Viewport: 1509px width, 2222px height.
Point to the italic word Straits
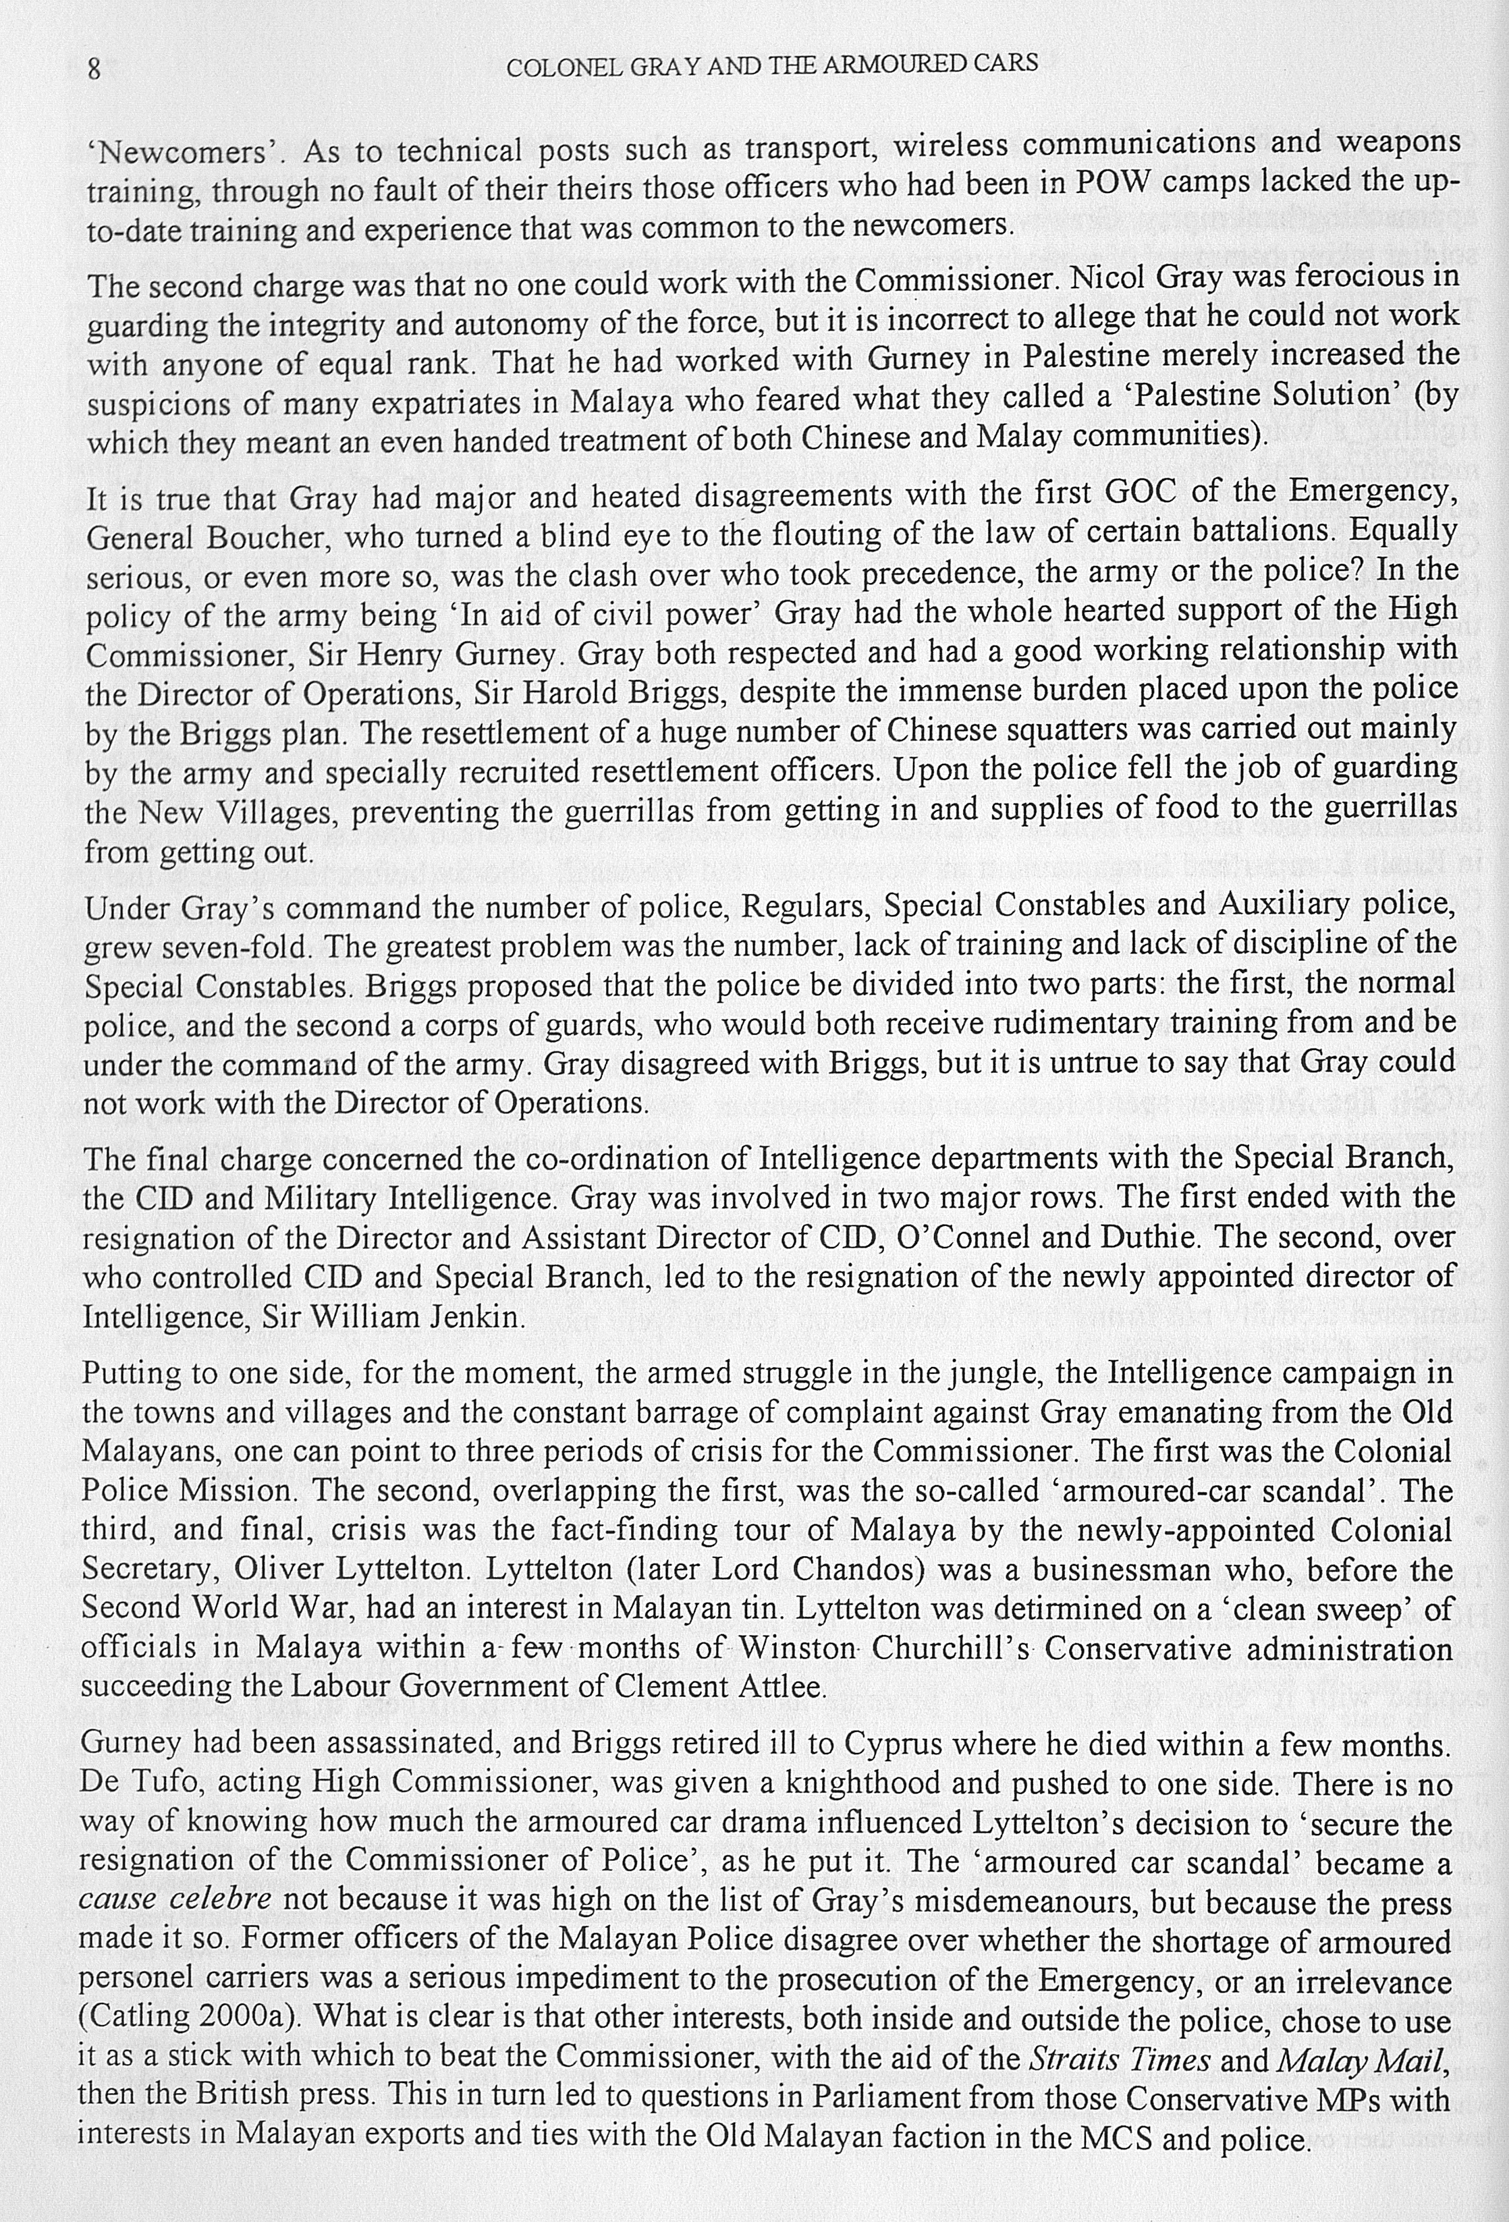(x=1069, y=2055)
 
